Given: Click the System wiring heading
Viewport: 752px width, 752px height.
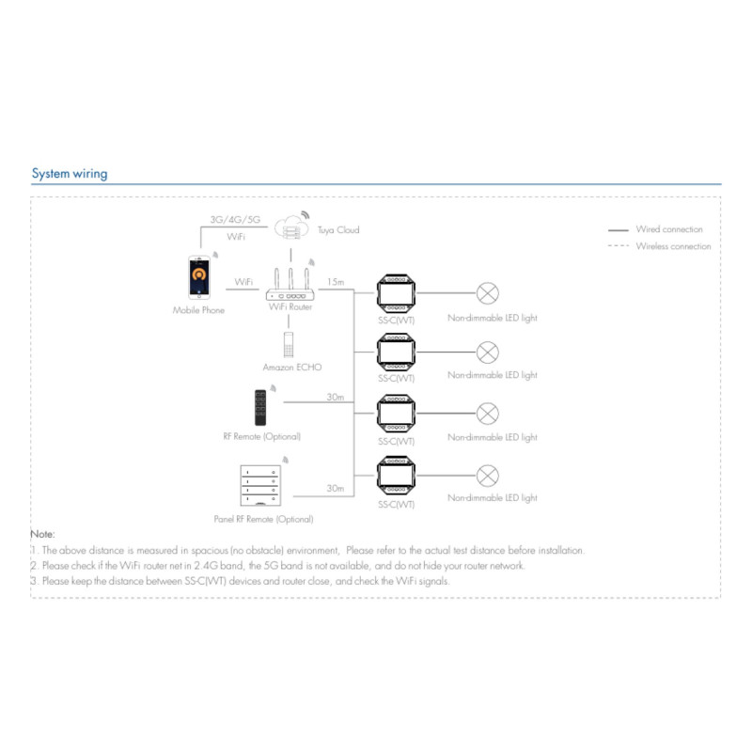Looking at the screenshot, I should point(70,173).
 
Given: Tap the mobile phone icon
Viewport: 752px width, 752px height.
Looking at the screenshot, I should point(198,278).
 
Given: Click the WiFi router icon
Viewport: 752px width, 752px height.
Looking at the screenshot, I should point(290,284).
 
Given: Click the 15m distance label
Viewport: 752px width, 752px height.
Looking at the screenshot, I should point(334,282).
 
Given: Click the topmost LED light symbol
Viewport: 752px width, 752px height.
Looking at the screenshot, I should point(488,293).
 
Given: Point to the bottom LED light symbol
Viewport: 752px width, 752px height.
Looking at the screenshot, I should point(488,475).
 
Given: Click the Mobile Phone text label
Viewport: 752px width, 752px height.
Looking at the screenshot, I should point(198,310).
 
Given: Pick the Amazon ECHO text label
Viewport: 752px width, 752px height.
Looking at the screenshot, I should point(292,367).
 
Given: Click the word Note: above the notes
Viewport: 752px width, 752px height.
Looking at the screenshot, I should point(43,534).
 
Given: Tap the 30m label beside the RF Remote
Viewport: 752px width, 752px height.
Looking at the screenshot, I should point(335,398).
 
